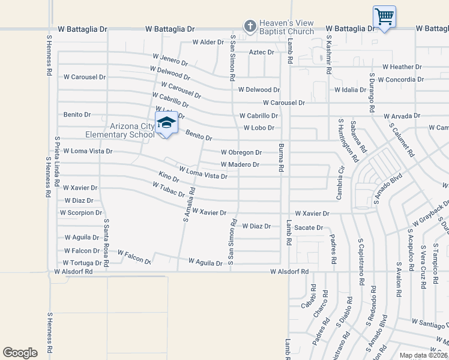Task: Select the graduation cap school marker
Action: pos(166,123)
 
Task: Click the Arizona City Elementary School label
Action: pos(132,130)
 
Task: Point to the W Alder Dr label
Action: pos(208,43)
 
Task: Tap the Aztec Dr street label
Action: pos(261,52)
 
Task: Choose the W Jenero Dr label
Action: pos(170,60)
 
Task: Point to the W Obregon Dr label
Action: pos(241,152)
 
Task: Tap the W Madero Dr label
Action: pos(240,164)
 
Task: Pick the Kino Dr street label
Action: pos(169,177)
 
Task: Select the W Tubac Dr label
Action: pos(168,190)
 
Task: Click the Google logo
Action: pos(20,352)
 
